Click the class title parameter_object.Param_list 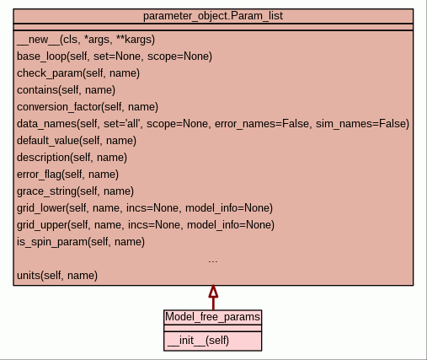(x=213, y=16)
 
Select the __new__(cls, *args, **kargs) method (x=86, y=40)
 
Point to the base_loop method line (x=115, y=56)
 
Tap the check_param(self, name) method (x=78, y=73)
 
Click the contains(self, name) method (x=67, y=90)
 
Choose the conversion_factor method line (x=88, y=107)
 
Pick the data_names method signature (x=213, y=124)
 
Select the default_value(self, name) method (x=77, y=141)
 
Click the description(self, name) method (x=72, y=158)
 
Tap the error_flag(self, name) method (x=68, y=175)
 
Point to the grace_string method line (x=76, y=191)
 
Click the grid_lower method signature (x=145, y=208)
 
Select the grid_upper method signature (x=146, y=225)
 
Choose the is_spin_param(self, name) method (x=81, y=242)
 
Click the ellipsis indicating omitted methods (x=213, y=261)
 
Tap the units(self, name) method (x=57, y=276)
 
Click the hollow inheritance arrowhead (x=213, y=291)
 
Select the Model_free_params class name (x=213, y=317)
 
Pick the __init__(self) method (x=198, y=341)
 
